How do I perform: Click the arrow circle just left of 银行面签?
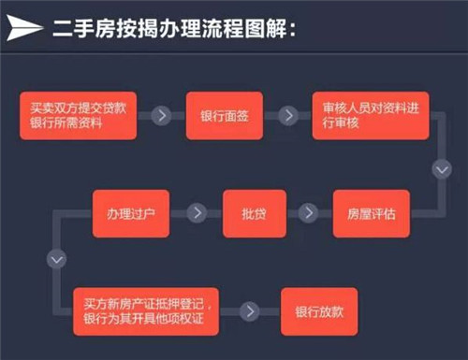click(163, 116)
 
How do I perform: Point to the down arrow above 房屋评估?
click(441, 171)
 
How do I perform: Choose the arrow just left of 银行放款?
click(250, 310)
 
